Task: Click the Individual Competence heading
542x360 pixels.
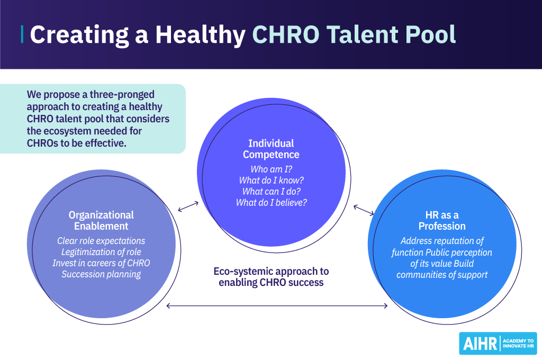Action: pos(271,149)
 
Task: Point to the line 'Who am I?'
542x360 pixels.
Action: pos(271,169)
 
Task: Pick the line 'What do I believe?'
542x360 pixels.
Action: pos(271,202)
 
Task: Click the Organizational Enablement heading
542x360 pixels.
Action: pos(101,220)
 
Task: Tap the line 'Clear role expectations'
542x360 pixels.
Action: pos(101,241)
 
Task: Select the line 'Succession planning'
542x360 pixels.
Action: pos(101,274)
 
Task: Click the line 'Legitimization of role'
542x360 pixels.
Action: pos(101,252)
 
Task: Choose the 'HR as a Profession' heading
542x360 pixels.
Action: pos(442,220)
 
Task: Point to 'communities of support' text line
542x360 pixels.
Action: pos(442,274)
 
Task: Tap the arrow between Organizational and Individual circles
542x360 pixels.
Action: pos(188,206)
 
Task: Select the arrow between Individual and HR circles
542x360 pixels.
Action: pos(364,210)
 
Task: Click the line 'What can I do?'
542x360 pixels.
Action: pos(271,191)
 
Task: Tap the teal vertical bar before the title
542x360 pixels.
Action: pos(22,34)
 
